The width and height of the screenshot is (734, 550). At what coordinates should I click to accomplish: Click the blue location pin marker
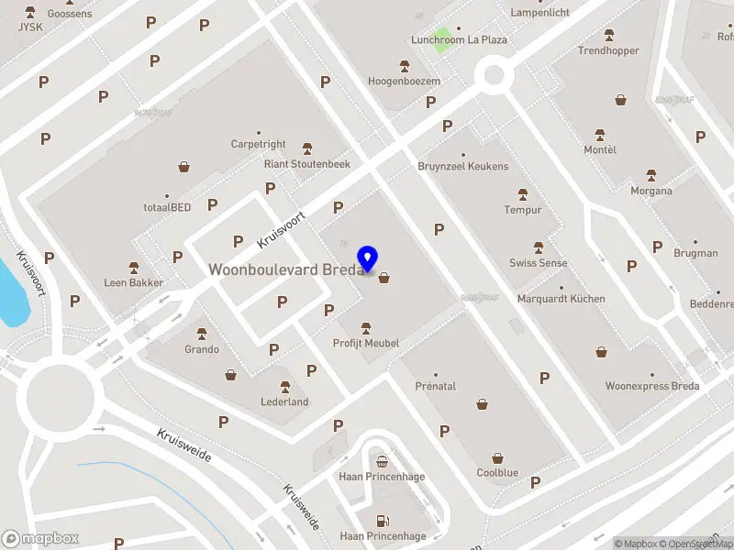coord(369,258)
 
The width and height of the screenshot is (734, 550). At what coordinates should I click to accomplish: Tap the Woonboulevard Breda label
coord(286,269)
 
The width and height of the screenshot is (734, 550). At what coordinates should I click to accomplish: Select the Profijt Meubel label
coord(366,343)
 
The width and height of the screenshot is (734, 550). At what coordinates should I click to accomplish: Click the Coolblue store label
coord(497,473)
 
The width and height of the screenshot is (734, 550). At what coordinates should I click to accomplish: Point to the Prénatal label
coord(435,386)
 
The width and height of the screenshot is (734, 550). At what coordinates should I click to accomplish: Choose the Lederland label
coord(284,401)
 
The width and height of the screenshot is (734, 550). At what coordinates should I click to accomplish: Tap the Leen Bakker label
coord(134,282)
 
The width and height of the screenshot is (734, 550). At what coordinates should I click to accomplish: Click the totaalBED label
coord(167,207)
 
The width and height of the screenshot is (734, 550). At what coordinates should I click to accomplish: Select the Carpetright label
coord(259,144)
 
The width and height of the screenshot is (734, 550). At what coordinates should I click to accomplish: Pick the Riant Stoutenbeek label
coord(307,164)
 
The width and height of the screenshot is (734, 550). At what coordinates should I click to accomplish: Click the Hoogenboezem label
coord(405,81)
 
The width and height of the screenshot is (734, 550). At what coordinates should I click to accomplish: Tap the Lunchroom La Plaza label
coord(459,40)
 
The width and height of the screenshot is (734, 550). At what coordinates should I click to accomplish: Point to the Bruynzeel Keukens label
coord(462,166)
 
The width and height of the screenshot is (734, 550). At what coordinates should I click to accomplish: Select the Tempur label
coord(523,210)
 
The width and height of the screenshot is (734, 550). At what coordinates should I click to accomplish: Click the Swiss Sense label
coord(539,263)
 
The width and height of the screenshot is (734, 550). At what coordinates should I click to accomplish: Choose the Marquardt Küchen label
coord(561,299)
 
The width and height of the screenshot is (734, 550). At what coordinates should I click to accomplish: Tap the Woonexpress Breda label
coord(651,386)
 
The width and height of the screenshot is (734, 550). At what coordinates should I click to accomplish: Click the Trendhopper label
coord(608,50)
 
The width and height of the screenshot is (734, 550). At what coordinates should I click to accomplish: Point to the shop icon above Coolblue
coord(497,457)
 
